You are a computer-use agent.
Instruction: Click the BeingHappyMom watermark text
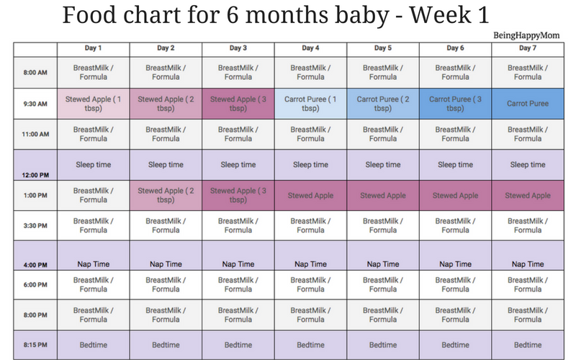[526, 35]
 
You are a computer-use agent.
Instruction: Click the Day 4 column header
[310, 48]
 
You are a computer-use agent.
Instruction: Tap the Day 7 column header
[528, 48]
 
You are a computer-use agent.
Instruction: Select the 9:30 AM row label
[35, 104]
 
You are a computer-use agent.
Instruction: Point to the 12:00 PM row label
[35, 175]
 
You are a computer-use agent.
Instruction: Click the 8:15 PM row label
[35, 345]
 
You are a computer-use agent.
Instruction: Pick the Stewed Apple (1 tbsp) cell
[94, 104]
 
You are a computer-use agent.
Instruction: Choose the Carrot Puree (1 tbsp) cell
[310, 104]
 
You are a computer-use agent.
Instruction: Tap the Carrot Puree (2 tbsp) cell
[383, 104]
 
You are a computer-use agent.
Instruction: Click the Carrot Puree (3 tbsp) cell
[455, 104]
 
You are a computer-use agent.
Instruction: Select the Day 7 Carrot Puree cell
[528, 104]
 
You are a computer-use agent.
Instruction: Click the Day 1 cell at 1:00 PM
[94, 195]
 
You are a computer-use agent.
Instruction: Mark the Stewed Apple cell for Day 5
[383, 195]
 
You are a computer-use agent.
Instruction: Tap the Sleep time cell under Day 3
[238, 165]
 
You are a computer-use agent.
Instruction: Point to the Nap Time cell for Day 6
[455, 256]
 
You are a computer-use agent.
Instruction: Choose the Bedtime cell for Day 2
[166, 345]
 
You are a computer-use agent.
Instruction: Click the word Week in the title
[439, 15]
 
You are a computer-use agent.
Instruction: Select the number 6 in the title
[233, 15]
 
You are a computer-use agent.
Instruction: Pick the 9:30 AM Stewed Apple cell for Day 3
[238, 104]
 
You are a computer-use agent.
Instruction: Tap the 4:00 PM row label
[35, 265]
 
